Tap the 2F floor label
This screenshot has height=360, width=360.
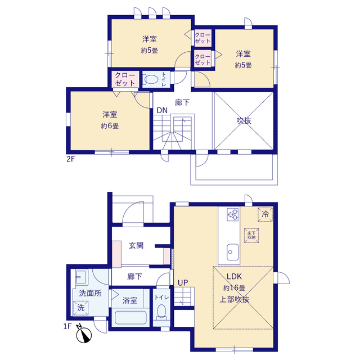click(x=71, y=159)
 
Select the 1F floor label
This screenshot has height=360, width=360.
click(x=67, y=326)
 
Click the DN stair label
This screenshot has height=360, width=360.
click(x=162, y=110)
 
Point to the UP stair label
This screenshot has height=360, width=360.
click(x=183, y=283)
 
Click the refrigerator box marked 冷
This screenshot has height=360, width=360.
click(x=265, y=214)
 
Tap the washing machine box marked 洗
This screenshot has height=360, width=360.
click(x=80, y=308)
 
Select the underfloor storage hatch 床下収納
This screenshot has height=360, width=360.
click(x=251, y=235)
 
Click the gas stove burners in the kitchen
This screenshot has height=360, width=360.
click(x=233, y=214)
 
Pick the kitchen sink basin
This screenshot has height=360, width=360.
click(x=232, y=252)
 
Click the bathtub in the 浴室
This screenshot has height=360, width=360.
click(x=130, y=317)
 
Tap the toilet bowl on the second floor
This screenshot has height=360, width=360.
click(x=151, y=80)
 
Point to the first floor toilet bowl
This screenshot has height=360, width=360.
click(x=161, y=312)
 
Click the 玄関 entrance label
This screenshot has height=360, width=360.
click(x=136, y=245)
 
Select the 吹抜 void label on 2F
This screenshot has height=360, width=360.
click(x=244, y=120)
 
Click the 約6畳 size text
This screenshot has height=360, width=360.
click(x=110, y=126)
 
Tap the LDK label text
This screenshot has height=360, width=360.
click(x=234, y=276)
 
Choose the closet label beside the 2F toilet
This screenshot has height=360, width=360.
click(x=125, y=79)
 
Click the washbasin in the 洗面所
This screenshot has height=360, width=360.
click(x=80, y=276)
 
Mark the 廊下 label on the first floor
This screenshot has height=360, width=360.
click(x=134, y=276)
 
